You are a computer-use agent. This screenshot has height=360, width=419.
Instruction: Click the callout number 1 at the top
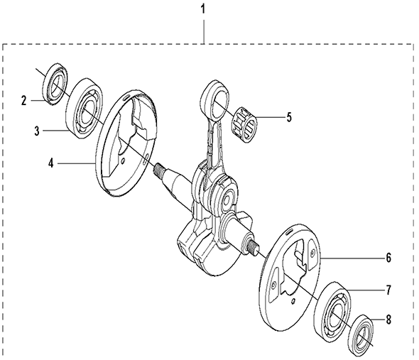pos(203,9)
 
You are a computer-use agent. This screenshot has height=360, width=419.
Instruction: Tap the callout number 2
pos(24,101)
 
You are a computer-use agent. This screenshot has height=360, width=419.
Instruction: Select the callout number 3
pos(37,131)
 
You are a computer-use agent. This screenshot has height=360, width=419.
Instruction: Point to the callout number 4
pos(51,163)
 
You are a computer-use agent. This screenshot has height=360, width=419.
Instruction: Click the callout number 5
pos(289,117)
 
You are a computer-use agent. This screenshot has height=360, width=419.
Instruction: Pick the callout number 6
pos(388,258)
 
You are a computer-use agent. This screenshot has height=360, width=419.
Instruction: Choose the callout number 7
pos(388,290)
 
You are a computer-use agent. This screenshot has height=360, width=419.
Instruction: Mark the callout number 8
pos(388,320)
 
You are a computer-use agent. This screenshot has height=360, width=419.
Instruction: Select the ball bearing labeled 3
pos(85,108)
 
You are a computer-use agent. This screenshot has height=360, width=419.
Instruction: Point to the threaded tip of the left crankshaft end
pos(159,170)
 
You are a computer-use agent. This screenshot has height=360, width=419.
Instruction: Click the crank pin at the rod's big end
pos(228,199)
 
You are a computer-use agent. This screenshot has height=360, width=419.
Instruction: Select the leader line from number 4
pos(77,163)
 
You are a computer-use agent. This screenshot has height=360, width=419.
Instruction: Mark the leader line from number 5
pos(269,117)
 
